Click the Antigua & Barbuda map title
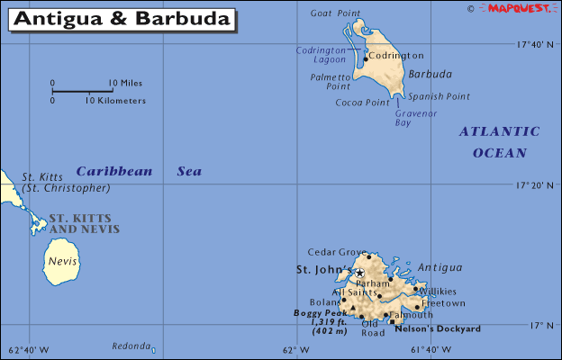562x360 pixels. pyautogui.click(x=122, y=18)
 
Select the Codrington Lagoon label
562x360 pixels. pyautogui.click(x=322, y=55)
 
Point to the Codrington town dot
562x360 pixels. pyautogui.click(x=366, y=58)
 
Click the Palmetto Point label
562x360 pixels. pyautogui.click(x=331, y=82)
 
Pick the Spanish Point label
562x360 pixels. pyautogui.click(x=439, y=96)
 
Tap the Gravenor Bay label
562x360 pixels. pyautogui.click(x=416, y=118)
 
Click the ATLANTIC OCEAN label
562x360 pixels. pyautogui.click(x=500, y=142)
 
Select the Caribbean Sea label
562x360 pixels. pyautogui.click(x=139, y=171)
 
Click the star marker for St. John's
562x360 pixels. pyautogui.click(x=359, y=272)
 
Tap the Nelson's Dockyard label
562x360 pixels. pyautogui.click(x=438, y=329)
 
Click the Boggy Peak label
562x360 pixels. pyautogui.click(x=320, y=313)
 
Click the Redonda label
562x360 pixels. pyautogui.click(x=131, y=346)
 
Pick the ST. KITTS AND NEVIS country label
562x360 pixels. pyautogui.click(x=84, y=223)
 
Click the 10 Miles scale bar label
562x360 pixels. pyautogui.click(x=125, y=84)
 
